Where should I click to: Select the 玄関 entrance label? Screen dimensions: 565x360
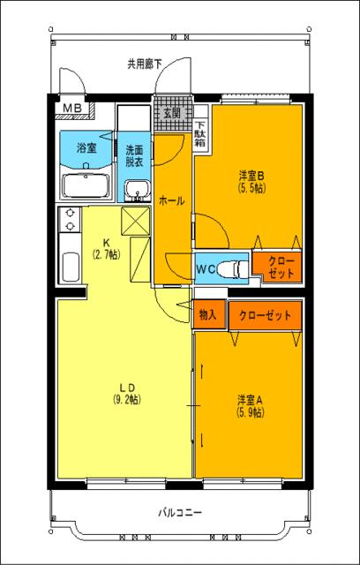(x=172, y=113)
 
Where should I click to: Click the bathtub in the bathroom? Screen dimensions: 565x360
(x=86, y=185)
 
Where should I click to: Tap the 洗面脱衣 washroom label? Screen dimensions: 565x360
(x=136, y=155)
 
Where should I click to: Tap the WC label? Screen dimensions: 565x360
(x=206, y=267)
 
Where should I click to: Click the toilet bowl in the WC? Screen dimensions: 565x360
(x=233, y=267)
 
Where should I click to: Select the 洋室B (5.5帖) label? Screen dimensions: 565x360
(x=251, y=181)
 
